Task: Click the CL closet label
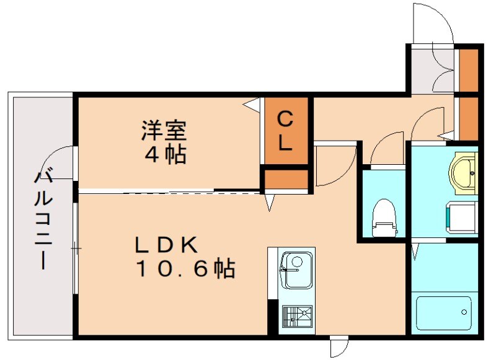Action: click(x=285, y=131)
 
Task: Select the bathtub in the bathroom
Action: click(x=444, y=313)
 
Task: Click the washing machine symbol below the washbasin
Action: click(x=460, y=217)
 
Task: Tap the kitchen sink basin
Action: click(x=296, y=270)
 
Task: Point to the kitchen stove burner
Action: click(x=297, y=316)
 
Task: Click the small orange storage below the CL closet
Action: click(x=285, y=179)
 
